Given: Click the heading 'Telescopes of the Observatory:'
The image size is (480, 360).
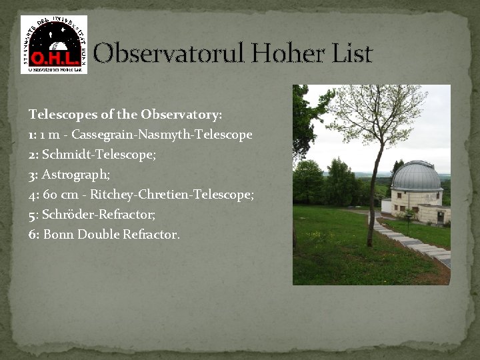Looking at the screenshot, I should pyautogui.click(x=125, y=115).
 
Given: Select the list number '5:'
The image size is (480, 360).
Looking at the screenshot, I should pyautogui.click(x=34, y=215).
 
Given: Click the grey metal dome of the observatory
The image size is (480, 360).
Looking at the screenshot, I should pyautogui.click(x=416, y=177).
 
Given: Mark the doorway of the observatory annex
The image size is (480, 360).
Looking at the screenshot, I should pyautogui.click(x=440, y=216).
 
